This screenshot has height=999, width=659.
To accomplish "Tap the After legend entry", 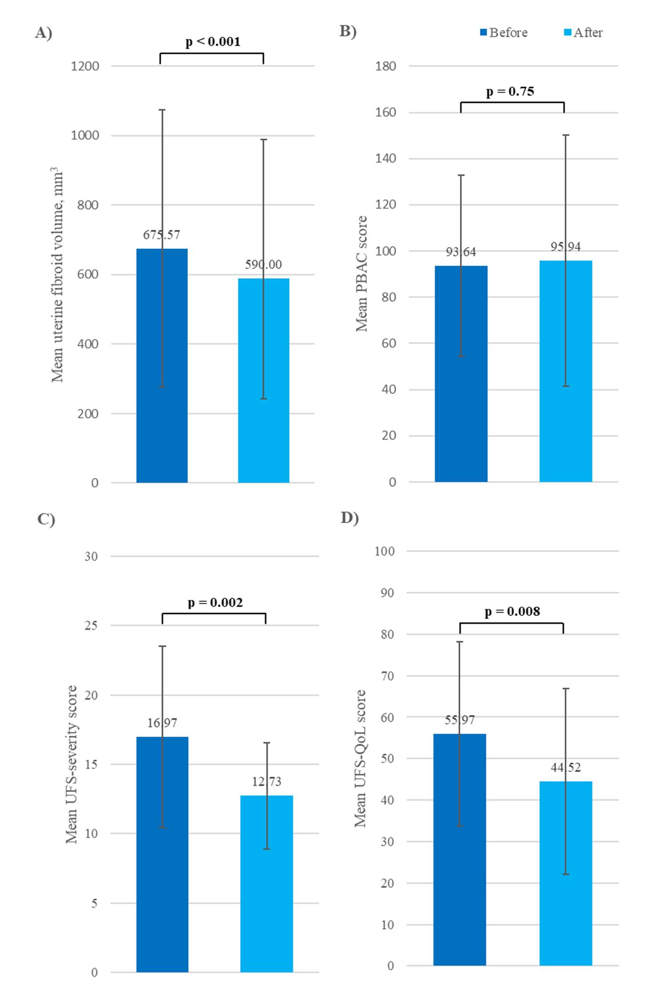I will point(584,33).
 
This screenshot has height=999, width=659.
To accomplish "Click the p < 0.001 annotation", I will point(213,42).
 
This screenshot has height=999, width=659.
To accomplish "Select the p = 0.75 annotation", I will point(510,91).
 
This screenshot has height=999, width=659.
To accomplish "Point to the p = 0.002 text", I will point(215,602).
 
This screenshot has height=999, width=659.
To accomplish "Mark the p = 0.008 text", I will point(512,611).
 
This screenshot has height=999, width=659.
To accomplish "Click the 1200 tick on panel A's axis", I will point(85,66).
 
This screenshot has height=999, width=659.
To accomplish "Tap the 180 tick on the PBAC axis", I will point(386,66).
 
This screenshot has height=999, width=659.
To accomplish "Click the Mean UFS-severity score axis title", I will point(72,764).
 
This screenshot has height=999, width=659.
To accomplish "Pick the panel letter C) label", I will point(46,519).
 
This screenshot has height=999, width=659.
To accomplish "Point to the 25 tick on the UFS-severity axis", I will point(91,625).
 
